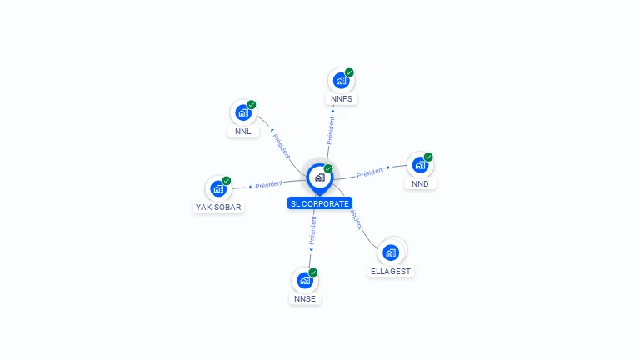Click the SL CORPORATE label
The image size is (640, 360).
point(320,203)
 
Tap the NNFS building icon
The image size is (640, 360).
point(341,80)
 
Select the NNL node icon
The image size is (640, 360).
point(242,112)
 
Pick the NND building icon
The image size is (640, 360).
point(420,165)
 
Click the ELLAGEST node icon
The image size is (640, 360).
point(391,252)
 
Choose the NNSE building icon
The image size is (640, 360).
point(305,280)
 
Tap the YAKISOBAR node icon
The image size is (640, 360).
point(218,188)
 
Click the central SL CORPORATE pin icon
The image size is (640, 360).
point(319,177)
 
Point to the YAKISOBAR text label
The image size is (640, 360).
point(219,207)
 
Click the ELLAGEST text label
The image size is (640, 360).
point(391,272)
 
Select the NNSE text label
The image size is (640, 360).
point(305,299)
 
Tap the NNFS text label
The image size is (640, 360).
point(342,99)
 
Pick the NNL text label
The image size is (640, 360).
point(242,132)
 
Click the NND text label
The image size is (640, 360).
point(420,184)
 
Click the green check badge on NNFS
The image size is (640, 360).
point(349,72)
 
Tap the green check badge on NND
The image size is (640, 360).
point(428,157)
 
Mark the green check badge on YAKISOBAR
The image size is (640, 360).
point(227,181)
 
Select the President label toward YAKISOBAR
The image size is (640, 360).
point(269,184)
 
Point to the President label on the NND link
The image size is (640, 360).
point(371,172)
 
